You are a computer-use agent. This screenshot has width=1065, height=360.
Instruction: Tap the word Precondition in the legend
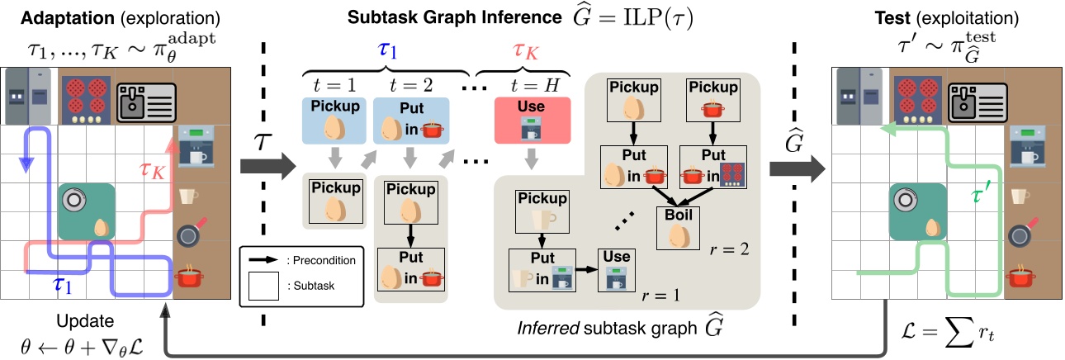pyautogui.click(x=321, y=260)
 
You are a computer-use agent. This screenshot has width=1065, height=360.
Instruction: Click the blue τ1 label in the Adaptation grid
pyautogui.click(x=59, y=286)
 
